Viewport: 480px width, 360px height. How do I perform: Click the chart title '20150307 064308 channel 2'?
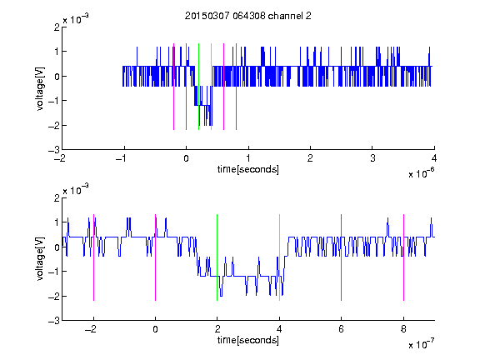pyautogui.click(x=248, y=16)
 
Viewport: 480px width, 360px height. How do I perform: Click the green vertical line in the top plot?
pyautogui.click(x=198, y=87)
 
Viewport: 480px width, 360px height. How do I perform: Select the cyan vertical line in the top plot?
pyautogui.click(x=211, y=87)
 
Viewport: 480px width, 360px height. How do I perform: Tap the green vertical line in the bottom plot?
pyautogui.click(x=217, y=257)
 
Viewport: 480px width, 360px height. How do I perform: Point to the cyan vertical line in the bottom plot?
pyautogui.click(x=279, y=257)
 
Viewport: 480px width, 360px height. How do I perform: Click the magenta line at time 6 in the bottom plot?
pyautogui.click(x=342, y=257)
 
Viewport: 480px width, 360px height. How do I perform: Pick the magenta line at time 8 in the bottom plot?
pyautogui.click(x=404, y=257)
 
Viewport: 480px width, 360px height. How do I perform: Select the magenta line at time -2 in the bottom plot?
pyautogui.click(x=93, y=257)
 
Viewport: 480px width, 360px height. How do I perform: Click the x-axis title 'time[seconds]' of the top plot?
pyautogui.click(x=248, y=169)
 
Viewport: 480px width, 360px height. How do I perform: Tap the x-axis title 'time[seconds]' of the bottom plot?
pyautogui.click(x=248, y=340)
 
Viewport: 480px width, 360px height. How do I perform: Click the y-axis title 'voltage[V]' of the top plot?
pyautogui.click(x=40, y=89)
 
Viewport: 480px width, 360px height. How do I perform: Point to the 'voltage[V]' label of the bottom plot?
pyautogui.click(x=40, y=259)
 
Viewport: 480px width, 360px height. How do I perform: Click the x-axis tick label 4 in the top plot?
pyautogui.click(x=434, y=158)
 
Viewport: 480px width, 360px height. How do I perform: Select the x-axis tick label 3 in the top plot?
pyautogui.click(x=372, y=158)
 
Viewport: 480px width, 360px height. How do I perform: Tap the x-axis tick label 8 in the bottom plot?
pyautogui.click(x=403, y=329)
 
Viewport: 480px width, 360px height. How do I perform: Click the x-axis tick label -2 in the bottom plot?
pyautogui.click(x=91, y=329)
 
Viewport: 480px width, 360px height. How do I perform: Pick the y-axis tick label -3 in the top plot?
pyautogui.click(x=54, y=150)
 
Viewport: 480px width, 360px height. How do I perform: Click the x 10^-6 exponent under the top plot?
pyautogui.click(x=421, y=172)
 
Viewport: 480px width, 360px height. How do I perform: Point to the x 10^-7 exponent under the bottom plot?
pyautogui.click(x=421, y=343)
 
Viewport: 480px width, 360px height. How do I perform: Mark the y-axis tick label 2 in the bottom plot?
pyautogui.click(x=57, y=197)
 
